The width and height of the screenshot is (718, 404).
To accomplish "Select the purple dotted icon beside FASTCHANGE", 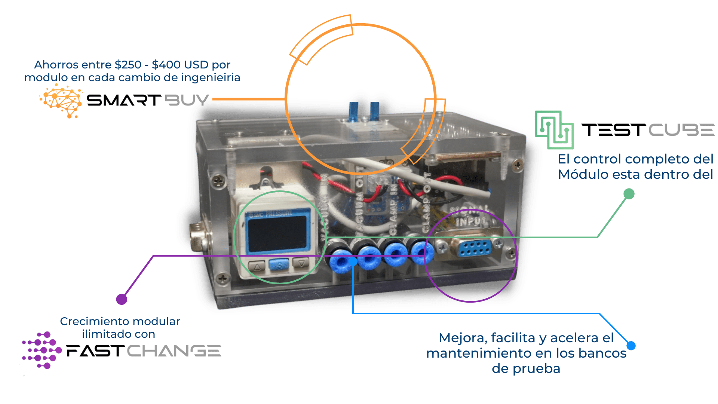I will pyautogui.click(x=40, y=351).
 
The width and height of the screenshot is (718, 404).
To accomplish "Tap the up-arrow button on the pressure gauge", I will pyautogui.click(x=257, y=267).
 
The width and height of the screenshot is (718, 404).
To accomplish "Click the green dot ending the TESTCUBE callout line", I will pyautogui.click(x=629, y=194).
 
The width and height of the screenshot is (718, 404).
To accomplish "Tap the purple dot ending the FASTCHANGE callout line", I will pyautogui.click(x=122, y=299).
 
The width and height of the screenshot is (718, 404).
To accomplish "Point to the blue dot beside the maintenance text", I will pyautogui.click(x=631, y=346).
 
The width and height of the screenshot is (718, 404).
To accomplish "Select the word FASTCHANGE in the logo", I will pyautogui.click(x=144, y=351).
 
